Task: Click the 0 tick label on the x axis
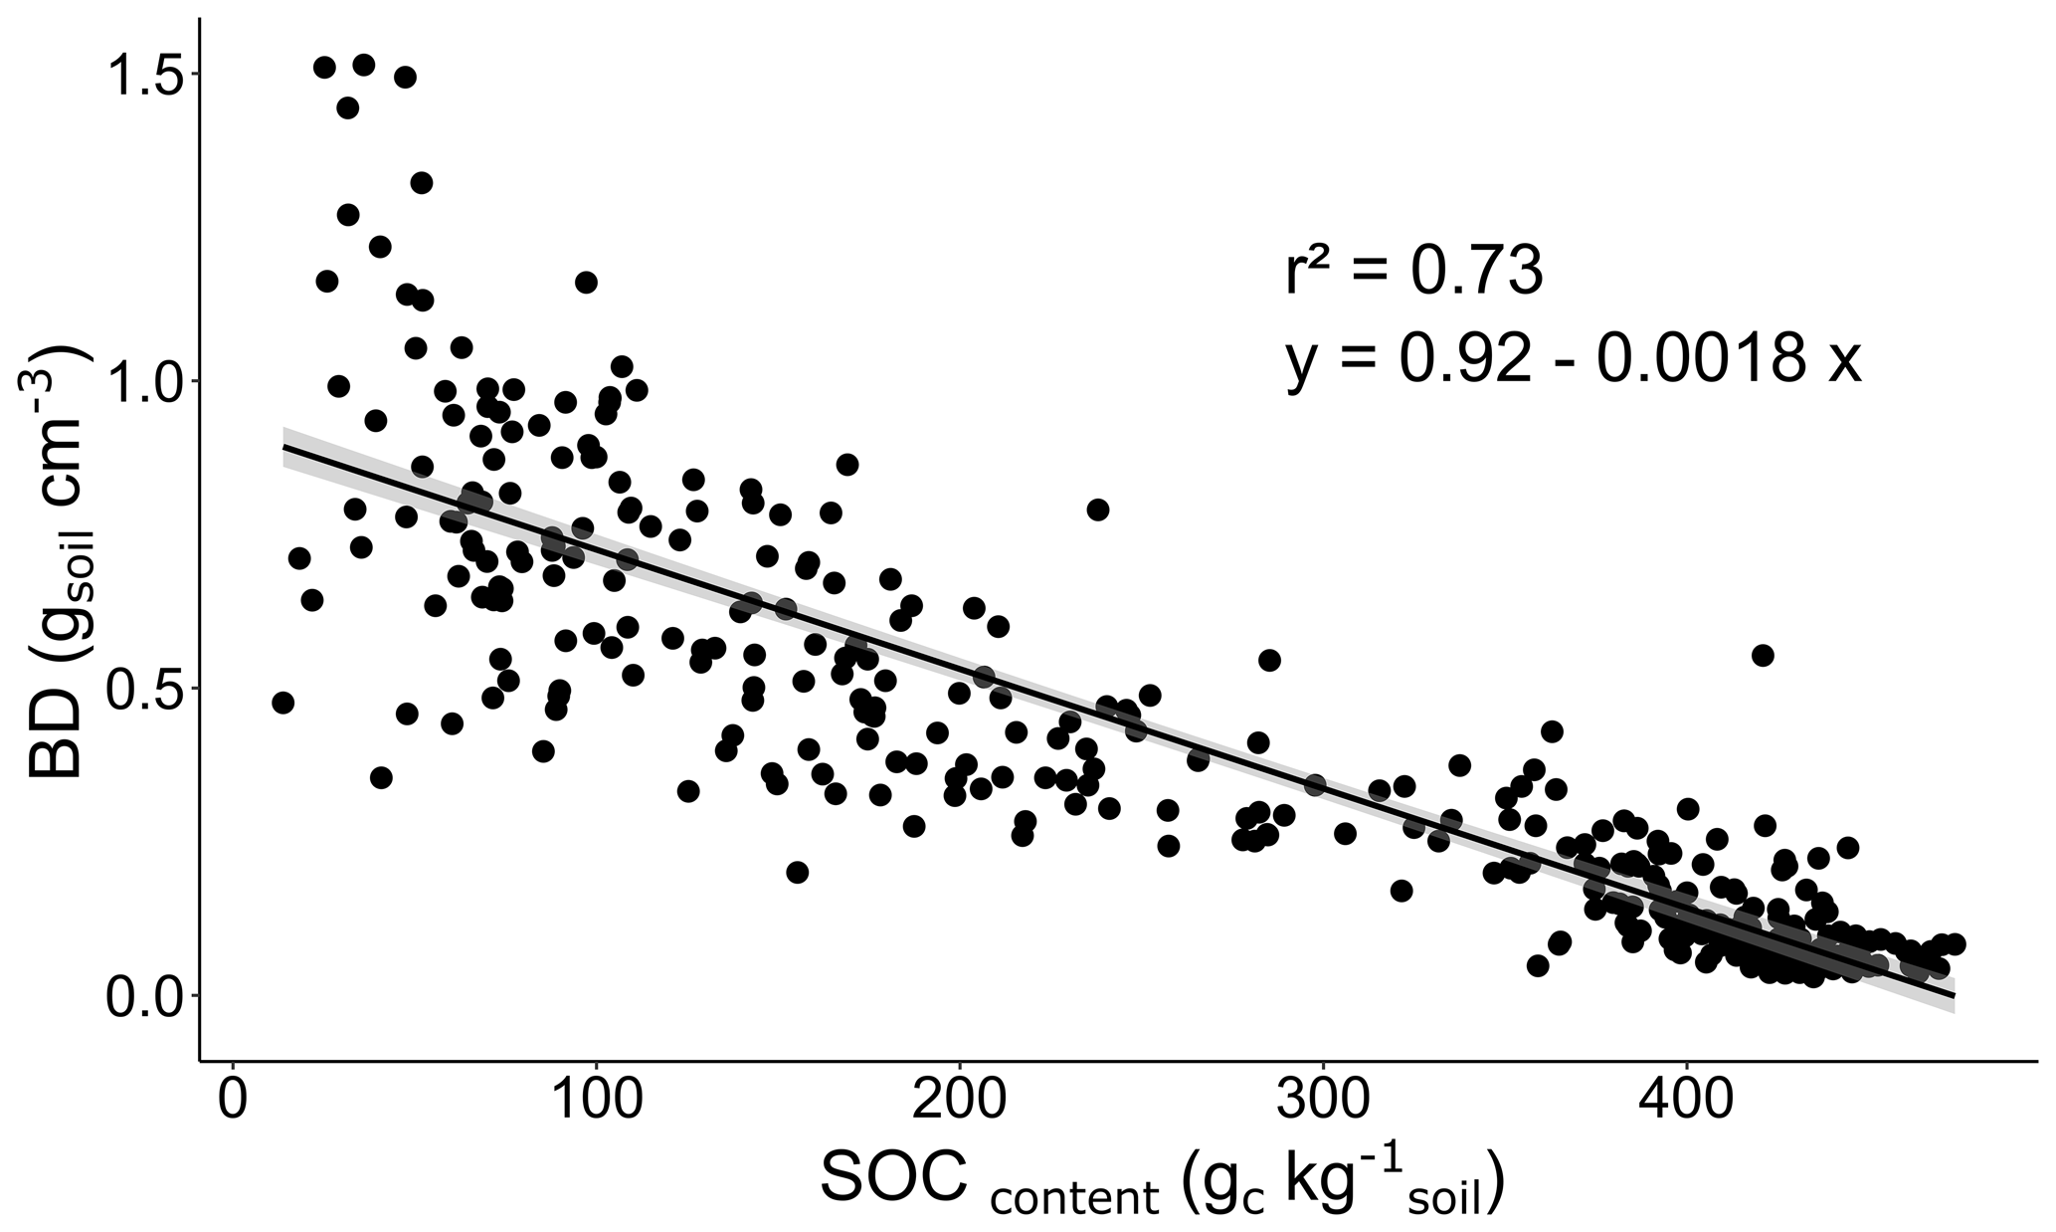(x=233, y=1103)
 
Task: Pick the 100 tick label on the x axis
(x=596, y=1103)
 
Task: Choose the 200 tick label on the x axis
(x=959, y=1103)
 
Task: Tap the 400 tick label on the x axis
(x=1686, y=1103)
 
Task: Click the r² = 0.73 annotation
(x=1413, y=272)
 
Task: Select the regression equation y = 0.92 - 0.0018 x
(x=1572, y=359)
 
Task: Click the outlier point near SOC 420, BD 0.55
(x=1763, y=655)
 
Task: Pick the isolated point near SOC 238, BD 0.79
(x=1097, y=510)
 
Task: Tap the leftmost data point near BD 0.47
(x=282, y=703)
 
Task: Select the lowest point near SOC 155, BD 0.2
(x=797, y=872)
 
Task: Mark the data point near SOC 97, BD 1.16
(x=586, y=282)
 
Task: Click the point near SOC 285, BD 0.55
(x=1269, y=660)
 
